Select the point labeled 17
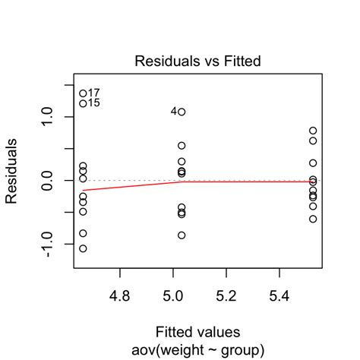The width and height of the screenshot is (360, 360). tap(83, 93)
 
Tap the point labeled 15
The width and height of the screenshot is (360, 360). tap(83, 103)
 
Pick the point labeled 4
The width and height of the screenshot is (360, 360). tap(182, 112)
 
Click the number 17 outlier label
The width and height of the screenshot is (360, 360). tap(94, 93)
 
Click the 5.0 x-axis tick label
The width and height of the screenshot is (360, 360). tap(173, 293)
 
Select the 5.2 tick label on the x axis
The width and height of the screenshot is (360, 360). tap(227, 293)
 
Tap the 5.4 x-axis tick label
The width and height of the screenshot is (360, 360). tap(280, 293)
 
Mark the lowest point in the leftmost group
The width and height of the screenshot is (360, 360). tap(83, 248)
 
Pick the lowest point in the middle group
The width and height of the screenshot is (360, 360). tap(182, 235)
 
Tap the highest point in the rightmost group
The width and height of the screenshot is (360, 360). tap(313, 131)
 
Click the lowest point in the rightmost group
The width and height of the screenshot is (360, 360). tap(313, 219)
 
